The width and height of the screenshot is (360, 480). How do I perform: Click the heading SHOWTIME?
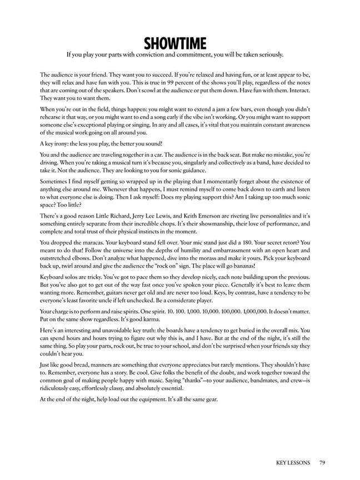pos(175,43)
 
